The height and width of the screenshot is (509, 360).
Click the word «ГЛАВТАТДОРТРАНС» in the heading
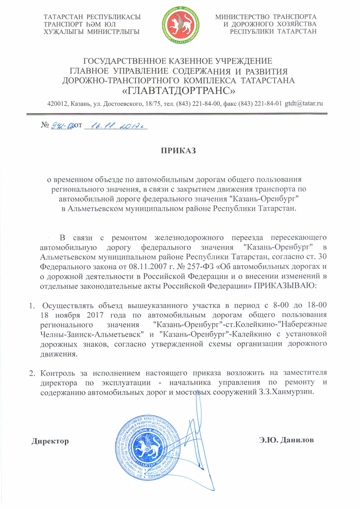tap(180, 90)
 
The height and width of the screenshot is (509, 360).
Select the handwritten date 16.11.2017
tap(116, 125)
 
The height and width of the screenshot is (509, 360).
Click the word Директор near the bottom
tap(50, 441)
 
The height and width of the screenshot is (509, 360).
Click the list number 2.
tap(31, 373)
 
